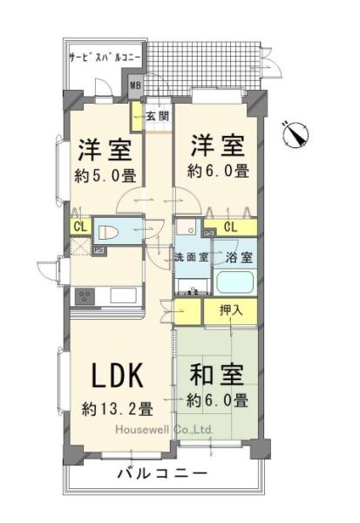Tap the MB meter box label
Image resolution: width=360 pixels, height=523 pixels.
[135, 85]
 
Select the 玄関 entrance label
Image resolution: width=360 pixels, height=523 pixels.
[157, 116]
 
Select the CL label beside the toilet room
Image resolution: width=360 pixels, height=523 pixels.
[79, 228]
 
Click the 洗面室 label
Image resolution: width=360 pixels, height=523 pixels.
[190, 257]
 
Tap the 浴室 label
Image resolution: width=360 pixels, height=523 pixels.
[238, 257]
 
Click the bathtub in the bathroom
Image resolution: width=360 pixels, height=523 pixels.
[234, 283]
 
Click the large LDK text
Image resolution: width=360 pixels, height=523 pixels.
[119, 376]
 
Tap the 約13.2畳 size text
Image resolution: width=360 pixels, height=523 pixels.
[119, 408]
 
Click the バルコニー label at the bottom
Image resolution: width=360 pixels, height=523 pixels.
[163, 475]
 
